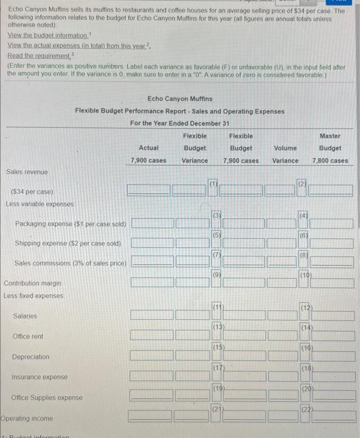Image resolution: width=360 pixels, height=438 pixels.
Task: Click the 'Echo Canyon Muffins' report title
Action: pos(180,99)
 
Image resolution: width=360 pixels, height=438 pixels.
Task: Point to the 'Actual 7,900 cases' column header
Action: pos(148,154)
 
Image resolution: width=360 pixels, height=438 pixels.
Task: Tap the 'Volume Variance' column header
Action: pos(286,154)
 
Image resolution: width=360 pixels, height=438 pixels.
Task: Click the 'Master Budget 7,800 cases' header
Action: pos(330,148)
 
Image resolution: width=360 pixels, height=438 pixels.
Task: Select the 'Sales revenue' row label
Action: pos(27,171)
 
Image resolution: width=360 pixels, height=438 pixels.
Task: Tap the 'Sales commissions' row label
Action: pos(70,263)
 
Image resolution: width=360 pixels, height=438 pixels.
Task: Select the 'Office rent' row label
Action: pos(28,337)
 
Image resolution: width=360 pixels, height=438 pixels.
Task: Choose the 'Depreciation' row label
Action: pos(31,357)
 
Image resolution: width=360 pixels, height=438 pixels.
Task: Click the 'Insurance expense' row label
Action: pos(39,377)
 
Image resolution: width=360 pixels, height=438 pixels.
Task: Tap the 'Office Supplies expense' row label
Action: pos(47,398)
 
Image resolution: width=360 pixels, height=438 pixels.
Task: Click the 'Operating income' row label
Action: pos(27,418)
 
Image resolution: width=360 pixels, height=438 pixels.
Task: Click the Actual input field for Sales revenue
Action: pos(148,189)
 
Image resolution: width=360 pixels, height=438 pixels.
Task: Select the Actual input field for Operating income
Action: pos(148,415)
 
